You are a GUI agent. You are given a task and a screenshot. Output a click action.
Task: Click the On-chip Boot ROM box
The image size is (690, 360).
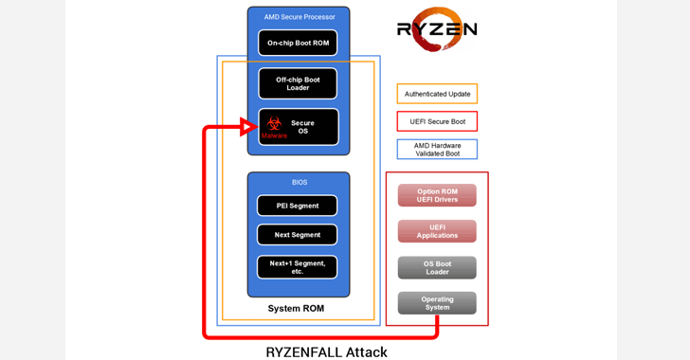[298, 43]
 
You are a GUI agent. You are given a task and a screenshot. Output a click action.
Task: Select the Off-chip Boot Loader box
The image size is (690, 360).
[298, 83]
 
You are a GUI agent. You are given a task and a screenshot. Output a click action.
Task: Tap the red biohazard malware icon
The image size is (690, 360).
[274, 123]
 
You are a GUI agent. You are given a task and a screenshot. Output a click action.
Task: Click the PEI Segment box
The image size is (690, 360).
[298, 206]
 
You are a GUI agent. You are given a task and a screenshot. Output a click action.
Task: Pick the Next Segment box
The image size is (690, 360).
[298, 235]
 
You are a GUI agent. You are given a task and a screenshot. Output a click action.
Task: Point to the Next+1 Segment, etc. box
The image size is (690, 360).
[298, 267]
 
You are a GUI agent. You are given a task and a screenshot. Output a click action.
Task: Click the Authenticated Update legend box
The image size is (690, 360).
[437, 94]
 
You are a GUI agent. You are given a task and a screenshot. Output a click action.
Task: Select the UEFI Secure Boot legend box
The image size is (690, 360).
[437, 121]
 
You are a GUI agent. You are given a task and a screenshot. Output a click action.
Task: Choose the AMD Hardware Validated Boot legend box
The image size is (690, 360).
[437, 150]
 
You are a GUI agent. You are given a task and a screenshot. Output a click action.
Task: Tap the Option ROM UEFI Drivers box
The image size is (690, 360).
[437, 195]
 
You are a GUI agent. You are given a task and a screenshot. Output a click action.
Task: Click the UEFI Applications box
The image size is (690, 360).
[437, 231]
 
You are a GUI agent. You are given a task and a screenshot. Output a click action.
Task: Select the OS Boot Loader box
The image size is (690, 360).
[437, 268]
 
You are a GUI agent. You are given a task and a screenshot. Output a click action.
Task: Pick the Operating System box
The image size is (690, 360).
[437, 303]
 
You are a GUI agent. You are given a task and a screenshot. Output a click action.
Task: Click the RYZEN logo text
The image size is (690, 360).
[436, 29]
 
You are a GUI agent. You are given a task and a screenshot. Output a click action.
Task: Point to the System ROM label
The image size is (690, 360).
[296, 309]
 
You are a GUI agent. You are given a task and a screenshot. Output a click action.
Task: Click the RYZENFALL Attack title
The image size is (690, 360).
[326, 351]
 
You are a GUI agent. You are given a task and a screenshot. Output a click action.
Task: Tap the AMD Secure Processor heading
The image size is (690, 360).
[299, 17]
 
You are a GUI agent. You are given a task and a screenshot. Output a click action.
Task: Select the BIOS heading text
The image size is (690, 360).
[299, 182]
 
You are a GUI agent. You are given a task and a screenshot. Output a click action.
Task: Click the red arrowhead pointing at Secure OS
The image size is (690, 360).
[248, 127]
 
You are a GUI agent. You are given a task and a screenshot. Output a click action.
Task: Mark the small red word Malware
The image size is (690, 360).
[274, 136]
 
